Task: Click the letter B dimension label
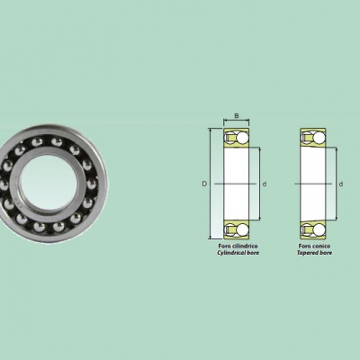tap(237, 115)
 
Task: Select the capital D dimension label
tap(204, 184)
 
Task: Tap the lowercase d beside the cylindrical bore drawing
tap(265, 184)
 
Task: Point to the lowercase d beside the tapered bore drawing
tap(341, 184)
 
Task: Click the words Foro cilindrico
tap(238, 246)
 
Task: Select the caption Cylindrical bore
tap(238, 253)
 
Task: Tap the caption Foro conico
tap(314, 246)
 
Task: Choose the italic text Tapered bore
tap(314, 253)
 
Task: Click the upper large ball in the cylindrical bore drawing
tap(242, 138)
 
